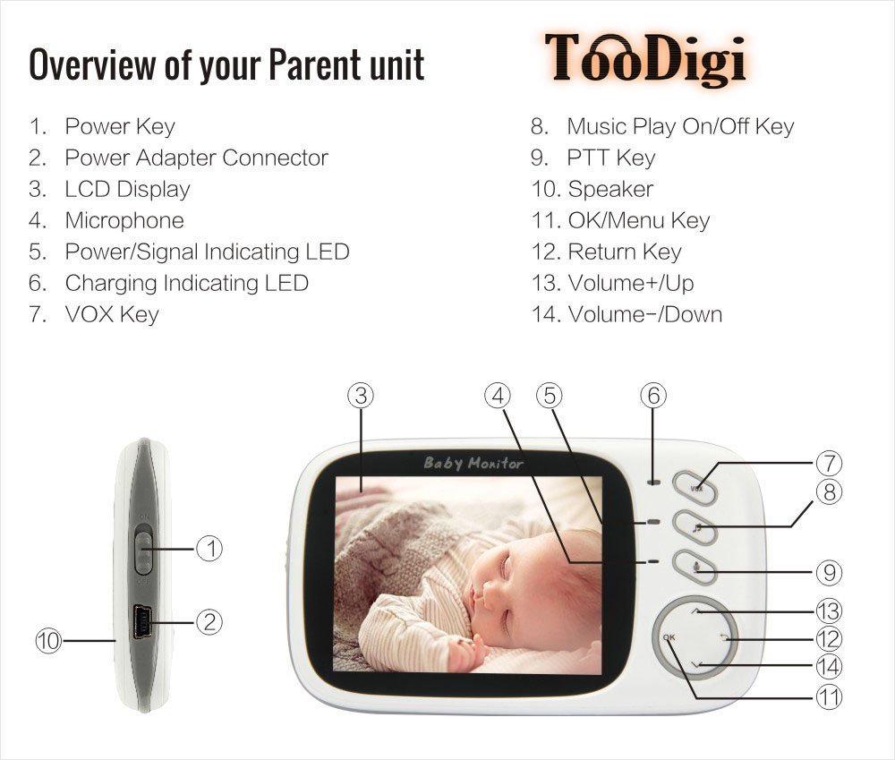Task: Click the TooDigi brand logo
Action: [x=645, y=59]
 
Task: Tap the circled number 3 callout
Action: [x=361, y=396]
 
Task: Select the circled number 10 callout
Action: [x=48, y=641]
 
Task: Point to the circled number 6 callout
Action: [x=653, y=396]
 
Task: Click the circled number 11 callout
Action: [x=829, y=697]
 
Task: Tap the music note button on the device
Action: [x=695, y=527]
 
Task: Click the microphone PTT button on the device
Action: [x=695, y=567]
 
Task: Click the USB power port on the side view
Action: [x=142, y=622]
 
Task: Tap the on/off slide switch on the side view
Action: [x=143, y=552]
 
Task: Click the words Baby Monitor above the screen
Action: [x=473, y=463]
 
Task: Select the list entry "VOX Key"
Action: [x=112, y=314]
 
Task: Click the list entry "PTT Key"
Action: [x=610, y=158]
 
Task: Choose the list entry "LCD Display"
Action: [x=127, y=189]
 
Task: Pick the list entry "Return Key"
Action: [x=625, y=252]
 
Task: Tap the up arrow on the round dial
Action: [x=695, y=611]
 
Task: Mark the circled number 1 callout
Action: [x=209, y=549]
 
